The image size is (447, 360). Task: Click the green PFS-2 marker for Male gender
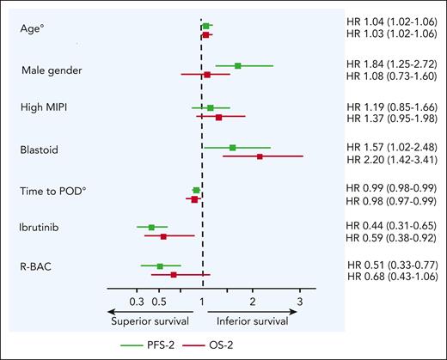pyautogui.click(x=238, y=65)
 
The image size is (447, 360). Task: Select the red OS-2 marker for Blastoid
pyautogui.click(x=260, y=157)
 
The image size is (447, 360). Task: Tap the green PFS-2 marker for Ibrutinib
pyautogui.click(x=151, y=227)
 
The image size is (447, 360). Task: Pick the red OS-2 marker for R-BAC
pyautogui.click(x=174, y=275)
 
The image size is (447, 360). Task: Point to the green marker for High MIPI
pyautogui.click(x=211, y=107)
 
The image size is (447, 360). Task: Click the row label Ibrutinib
pyautogui.click(x=40, y=229)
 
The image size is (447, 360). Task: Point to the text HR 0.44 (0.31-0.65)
pyautogui.click(x=391, y=225)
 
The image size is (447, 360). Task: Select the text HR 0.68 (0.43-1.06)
pyautogui.click(x=391, y=276)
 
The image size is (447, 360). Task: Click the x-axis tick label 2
pyautogui.click(x=252, y=302)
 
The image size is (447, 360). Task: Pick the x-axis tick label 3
pyautogui.click(x=299, y=302)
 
